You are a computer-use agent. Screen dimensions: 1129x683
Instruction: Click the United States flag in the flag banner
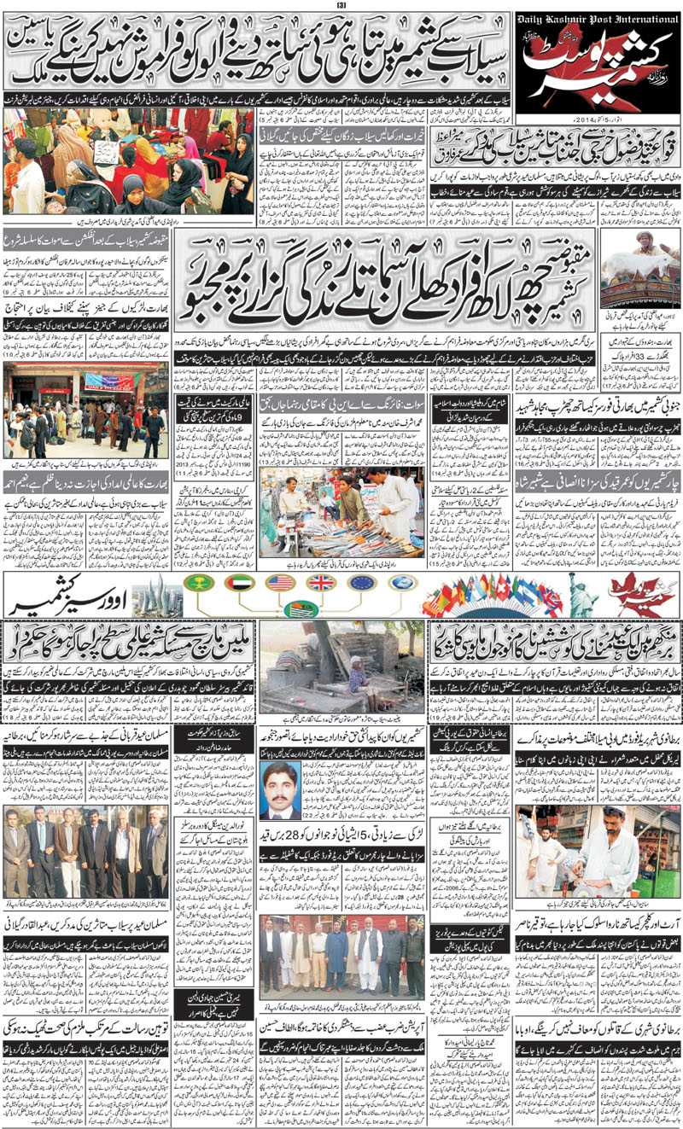click(280, 583)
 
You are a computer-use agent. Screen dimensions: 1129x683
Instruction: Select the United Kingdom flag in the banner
click(321, 583)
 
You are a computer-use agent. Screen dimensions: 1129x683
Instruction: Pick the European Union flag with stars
click(362, 583)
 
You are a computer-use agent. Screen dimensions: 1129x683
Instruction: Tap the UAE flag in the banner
click(240, 583)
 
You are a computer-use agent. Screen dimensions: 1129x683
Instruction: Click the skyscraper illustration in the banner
click(158, 595)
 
